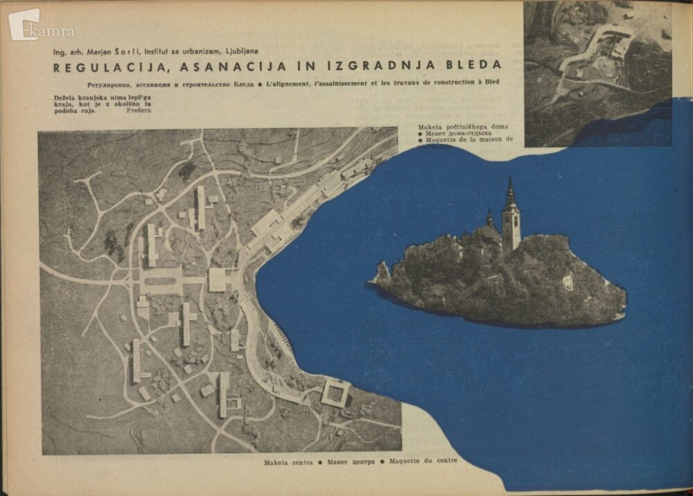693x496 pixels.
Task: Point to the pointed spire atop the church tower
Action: [510, 187]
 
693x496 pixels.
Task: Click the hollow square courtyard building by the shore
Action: [335, 392]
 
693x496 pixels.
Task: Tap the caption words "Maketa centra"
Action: [285, 461]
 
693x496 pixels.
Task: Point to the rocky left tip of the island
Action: [379, 274]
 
